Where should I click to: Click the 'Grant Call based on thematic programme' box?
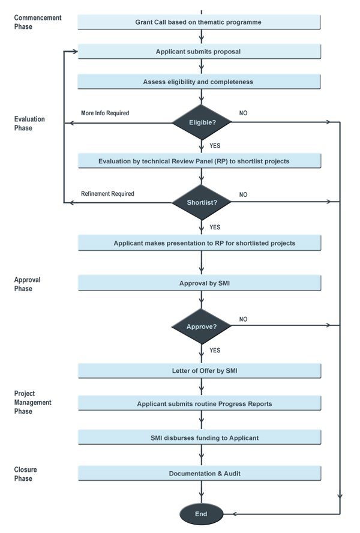[199, 22]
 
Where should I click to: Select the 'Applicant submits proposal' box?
[199, 52]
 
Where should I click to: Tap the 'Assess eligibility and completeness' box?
[199, 82]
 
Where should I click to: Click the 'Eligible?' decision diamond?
[202, 122]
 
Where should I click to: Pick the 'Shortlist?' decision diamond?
[202, 202]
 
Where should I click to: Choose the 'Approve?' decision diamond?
[202, 327]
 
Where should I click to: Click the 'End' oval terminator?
[201, 514]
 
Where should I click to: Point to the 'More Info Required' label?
[105, 113]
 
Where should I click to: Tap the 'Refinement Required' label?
[107, 193]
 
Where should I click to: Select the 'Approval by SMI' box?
[200, 283]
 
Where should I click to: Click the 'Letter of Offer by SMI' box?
[200, 371]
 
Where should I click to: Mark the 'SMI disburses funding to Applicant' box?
[200, 438]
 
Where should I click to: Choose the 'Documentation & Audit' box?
[200, 473]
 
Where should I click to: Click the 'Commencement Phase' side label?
[38, 22]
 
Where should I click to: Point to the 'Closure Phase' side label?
[25, 474]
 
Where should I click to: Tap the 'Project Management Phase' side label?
[32, 402]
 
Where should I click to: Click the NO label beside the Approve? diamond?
[243, 319]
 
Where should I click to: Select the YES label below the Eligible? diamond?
[215, 145]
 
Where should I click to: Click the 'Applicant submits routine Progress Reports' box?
[200, 403]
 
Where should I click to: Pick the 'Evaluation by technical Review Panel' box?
[200, 161]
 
